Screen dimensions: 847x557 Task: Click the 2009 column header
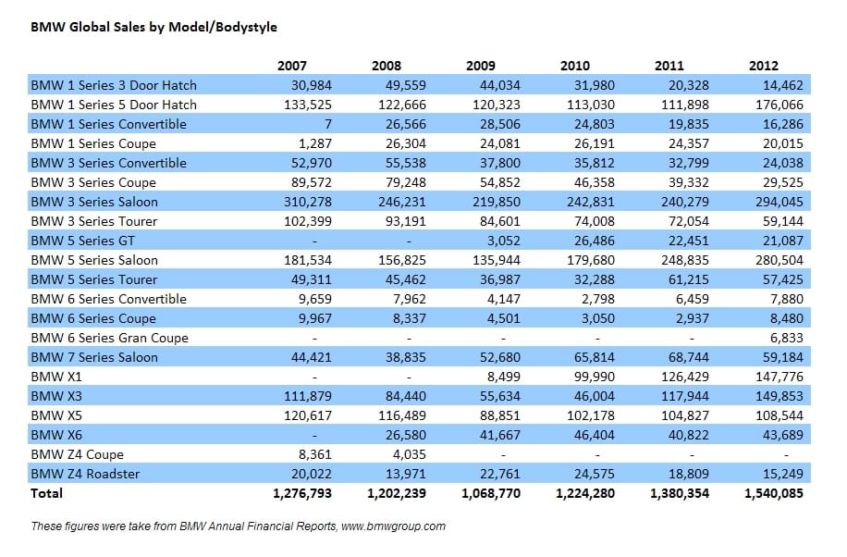tap(480, 66)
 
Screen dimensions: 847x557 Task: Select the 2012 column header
tap(763, 66)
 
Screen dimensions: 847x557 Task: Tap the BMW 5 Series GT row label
tap(82, 241)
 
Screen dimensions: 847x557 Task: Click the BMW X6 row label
tap(56, 435)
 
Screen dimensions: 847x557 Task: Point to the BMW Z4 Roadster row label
tap(85, 474)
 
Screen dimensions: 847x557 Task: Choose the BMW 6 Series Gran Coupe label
tap(110, 338)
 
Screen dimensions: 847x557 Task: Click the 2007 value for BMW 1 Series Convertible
tap(328, 124)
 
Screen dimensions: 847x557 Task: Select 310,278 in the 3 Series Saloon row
tap(308, 202)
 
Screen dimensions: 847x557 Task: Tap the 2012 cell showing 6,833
tap(787, 338)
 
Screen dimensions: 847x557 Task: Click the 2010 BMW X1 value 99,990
tap(595, 377)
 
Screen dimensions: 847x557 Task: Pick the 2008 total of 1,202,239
tap(397, 493)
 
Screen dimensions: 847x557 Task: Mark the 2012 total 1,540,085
tap(774, 493)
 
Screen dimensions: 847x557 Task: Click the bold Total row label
tap(46, 493)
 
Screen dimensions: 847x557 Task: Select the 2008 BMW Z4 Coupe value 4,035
tap(410, 454)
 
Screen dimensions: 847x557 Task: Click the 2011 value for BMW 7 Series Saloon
tap(689, 357)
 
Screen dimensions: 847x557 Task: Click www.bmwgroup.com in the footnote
tap(393, 526)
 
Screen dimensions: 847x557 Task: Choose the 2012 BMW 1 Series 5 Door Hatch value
tap(779, 105)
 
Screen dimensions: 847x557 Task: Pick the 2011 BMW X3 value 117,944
tap(685, 396)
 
